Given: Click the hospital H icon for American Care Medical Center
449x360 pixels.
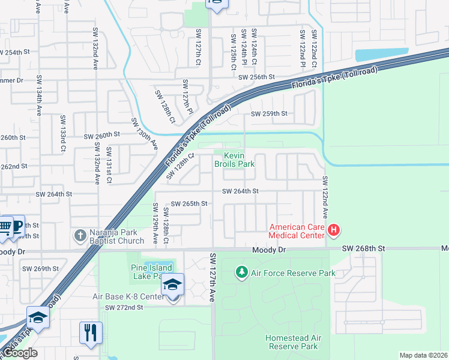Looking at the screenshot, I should (334, 230).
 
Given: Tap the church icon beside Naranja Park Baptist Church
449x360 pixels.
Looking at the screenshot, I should (79, 236).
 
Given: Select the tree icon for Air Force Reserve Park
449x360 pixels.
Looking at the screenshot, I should (241, 273).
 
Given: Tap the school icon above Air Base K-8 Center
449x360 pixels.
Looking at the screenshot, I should (172, 284).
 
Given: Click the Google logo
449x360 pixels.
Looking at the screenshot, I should (19, 353).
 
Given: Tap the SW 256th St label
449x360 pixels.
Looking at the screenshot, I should (256, 77).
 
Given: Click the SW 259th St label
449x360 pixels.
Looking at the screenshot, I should (269, 113).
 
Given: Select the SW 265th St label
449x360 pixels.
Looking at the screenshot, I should (189, 204).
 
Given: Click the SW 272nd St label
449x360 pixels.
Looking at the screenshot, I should (124, 307).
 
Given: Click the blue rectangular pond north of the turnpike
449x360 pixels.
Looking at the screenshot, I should (382, 55).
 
